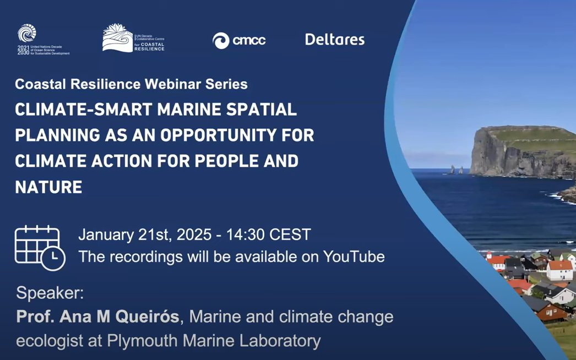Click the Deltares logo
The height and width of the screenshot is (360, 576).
[x=335, y=40]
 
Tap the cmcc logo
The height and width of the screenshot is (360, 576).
[x=239, y=40]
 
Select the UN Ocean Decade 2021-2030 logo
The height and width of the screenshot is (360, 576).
[x=43, y=40]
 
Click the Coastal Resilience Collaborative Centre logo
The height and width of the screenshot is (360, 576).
[x=133, y=39]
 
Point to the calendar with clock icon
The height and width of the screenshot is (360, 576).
[x=40, y=248]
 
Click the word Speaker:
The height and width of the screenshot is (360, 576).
[x=50, y=293]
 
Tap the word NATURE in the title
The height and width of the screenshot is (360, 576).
[x=48, y=187]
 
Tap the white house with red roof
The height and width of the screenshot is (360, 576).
[x=559, y=270]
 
